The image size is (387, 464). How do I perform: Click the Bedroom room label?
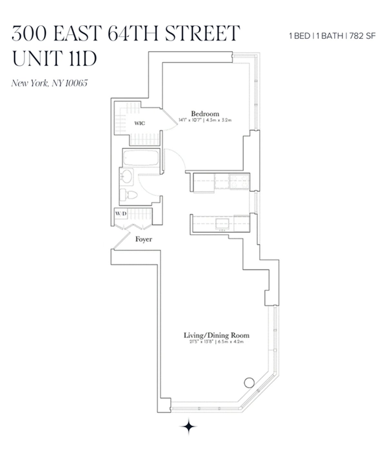pos(205,114)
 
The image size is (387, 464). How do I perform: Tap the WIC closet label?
pos(140,123)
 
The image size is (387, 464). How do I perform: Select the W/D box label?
pos(121,214)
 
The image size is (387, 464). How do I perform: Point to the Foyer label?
pos(144,239)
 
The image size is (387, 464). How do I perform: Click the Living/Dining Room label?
pos(216,335)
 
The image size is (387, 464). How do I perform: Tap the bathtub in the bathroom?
pos(141,158)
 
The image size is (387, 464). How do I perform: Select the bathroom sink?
pos(126,177)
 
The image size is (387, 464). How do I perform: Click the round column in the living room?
pos(249,382)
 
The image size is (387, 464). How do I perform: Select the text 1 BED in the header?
pos(300,36)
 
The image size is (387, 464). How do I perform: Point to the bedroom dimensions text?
pos(205,120)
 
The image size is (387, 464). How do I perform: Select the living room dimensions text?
pos(216,342)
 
